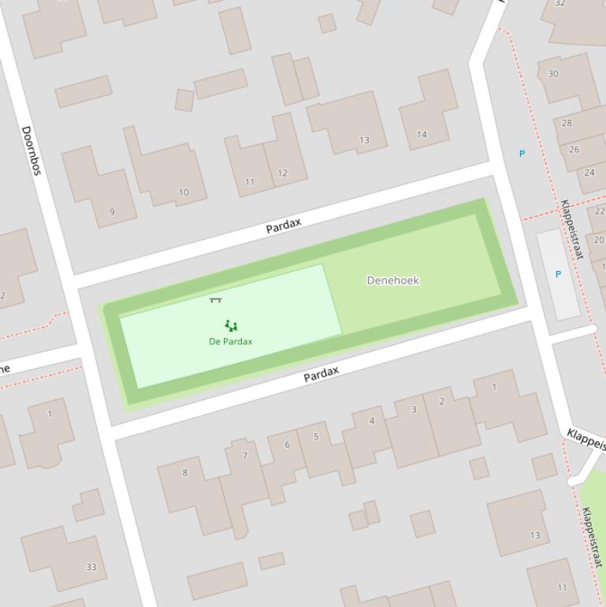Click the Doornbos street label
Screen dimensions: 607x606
32,150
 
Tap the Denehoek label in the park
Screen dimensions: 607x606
393,280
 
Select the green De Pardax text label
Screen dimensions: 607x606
230,341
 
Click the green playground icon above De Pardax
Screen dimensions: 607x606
230,325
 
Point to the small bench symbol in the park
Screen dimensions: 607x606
215,300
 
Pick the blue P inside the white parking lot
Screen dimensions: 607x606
558,274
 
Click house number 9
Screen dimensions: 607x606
112,211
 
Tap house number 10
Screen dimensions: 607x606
184,192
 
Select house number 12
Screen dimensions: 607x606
282,173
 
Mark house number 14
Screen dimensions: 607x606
422,135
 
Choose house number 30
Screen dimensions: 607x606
553,74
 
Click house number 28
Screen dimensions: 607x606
567,123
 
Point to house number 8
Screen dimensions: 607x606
185,473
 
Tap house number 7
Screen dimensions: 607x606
245,456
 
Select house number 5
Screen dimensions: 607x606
316,436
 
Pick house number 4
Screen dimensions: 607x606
372,420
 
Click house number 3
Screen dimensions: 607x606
414,409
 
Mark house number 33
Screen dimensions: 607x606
91,566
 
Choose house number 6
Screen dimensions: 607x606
287,445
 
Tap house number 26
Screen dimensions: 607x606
574,149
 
